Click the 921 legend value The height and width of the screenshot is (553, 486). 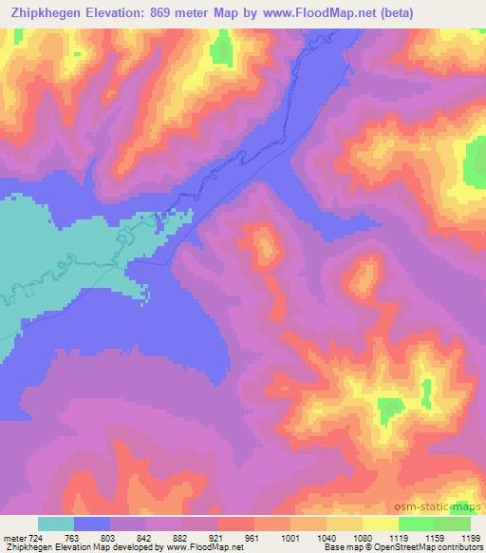coord(220,537)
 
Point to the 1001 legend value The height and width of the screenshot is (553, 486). coord(290,537)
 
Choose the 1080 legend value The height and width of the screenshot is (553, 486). coord(363,537)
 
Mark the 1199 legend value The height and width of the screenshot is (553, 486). coord(471,537)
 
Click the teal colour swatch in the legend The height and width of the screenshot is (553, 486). coord(56,524)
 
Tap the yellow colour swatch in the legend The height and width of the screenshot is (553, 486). coord(381,524)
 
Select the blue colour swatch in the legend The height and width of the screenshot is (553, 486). coord(92,524)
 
